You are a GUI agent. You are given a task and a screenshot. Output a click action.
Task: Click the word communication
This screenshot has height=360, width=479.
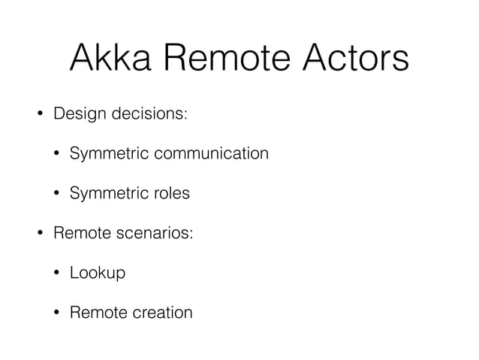pyautogui.click(x=212, y=154)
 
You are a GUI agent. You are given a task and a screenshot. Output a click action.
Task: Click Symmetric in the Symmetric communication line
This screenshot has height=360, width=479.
pyautogui.click(x=109, y=154)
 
